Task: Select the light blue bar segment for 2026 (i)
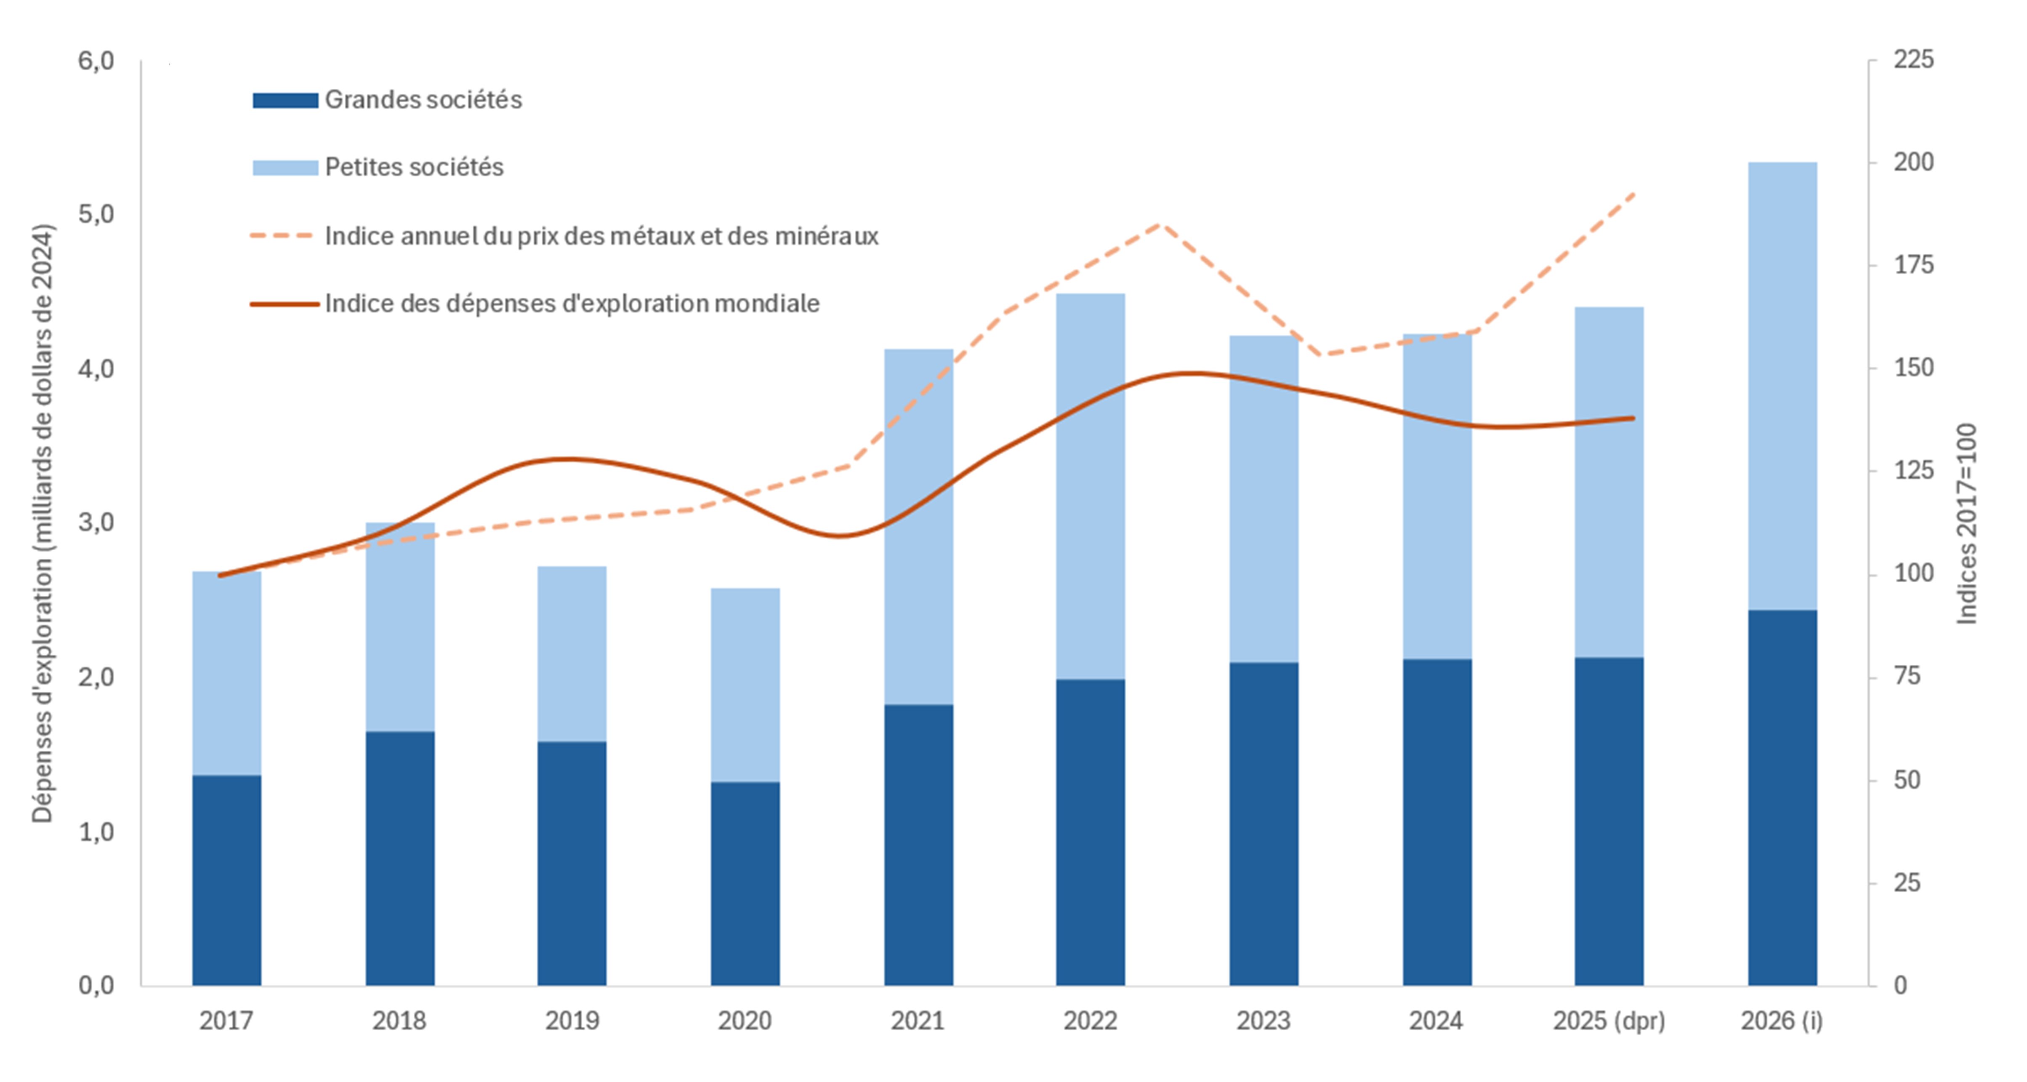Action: point(1782,386)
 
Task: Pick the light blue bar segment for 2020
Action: point(745,685)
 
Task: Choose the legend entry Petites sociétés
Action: point(414,167)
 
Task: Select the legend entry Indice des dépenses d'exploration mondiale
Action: point(572,304)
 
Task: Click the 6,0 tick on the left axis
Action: point(96,61)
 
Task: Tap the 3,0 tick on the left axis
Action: point(96,522)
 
